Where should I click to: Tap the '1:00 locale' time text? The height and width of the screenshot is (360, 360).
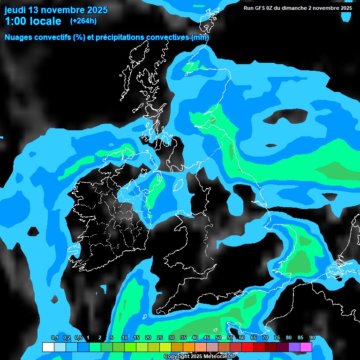pos(33,21)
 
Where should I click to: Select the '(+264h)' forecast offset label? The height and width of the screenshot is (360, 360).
pos(83,21)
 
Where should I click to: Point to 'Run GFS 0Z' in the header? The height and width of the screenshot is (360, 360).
pos(261,8)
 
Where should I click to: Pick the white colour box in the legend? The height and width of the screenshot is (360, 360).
pos(48,347)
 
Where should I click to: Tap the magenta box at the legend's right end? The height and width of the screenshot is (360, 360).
pos(306,347)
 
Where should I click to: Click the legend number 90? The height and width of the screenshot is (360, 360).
pos(312,338)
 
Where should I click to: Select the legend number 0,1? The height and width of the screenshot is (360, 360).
pos(54,338)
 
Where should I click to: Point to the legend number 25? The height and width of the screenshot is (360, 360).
pos(159,338)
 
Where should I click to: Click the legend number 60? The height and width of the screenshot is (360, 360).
pos(241,338)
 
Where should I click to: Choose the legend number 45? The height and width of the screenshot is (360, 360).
pos(206,338)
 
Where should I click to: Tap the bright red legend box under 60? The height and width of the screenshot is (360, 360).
pos(247,347)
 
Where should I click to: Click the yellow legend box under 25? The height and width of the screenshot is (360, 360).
pos(165,347)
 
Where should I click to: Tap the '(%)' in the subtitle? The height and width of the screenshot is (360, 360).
pos(79,37)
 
